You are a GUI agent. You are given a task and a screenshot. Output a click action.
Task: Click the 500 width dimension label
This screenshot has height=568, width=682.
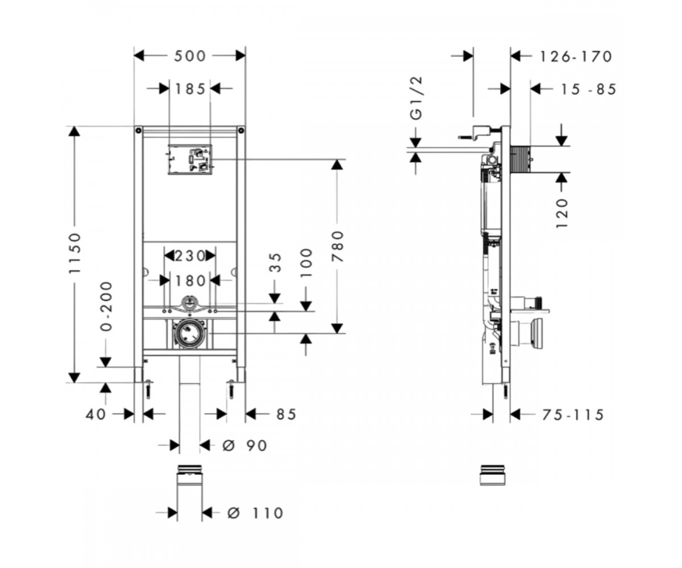[x=190, y=56]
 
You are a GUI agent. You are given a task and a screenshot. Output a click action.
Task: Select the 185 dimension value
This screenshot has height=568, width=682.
[x=190, y=89]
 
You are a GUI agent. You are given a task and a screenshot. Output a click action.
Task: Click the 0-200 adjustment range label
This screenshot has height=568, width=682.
[x=106, y=307]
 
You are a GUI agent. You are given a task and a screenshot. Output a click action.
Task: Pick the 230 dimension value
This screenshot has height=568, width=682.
[x=190, y=256]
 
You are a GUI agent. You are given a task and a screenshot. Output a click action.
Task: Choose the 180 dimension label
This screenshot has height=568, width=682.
[x=190, y=281]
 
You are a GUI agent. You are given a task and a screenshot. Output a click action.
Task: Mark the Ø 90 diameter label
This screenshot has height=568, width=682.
[x=244, y=445]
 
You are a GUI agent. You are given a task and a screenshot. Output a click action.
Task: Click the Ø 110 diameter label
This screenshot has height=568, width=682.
[x=255, y=513]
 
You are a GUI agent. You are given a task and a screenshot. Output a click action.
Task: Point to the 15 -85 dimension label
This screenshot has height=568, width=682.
[x=588, y=89]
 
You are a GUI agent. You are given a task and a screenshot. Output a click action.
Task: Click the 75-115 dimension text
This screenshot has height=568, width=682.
[x=572, y=415]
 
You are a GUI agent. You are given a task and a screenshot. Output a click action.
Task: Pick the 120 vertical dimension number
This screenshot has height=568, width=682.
[x=562, y=213]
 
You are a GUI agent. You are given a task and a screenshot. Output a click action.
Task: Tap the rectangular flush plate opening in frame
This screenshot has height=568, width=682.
[x=190, y=159]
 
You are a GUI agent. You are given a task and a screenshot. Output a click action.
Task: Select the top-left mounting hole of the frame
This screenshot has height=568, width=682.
[x=139, y=131]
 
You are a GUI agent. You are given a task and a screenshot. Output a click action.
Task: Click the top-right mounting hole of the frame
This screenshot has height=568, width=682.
[x=241, y=131]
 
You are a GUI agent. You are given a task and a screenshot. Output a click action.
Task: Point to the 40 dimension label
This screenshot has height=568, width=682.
[x=95, y=415]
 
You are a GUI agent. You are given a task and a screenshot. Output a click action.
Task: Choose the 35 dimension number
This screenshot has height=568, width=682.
[x=275, y=262]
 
